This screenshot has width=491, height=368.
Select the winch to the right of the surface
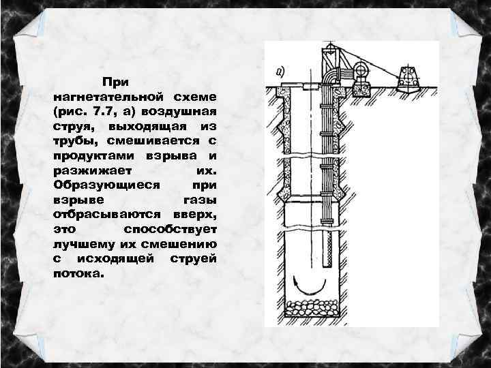(x=408, y=78)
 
